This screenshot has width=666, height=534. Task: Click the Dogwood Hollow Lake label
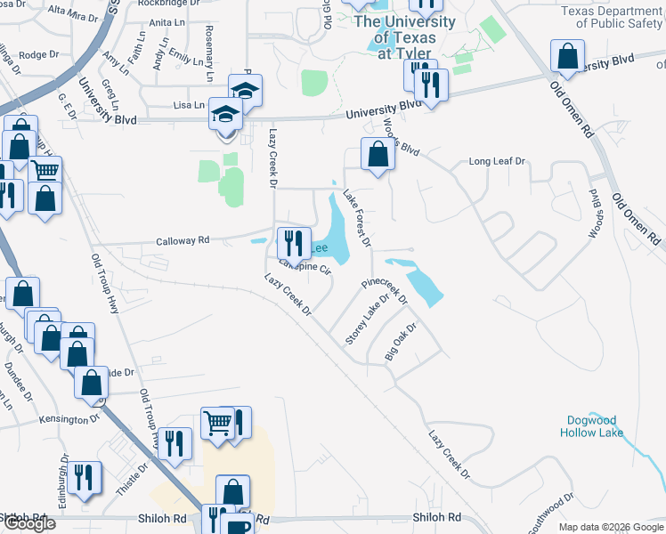[595, 425]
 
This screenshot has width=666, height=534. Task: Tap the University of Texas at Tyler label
[405, 36]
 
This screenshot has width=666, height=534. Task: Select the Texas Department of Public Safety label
[612, 17]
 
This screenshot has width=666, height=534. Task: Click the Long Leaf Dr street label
[498, 162]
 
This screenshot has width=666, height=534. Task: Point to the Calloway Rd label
[183, 239]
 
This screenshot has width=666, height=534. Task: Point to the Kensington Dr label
[70, 418]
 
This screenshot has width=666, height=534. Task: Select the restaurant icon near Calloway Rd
[292, 243]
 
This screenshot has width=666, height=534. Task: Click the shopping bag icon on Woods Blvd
[378, 154]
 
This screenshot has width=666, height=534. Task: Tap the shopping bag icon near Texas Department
[567, 57]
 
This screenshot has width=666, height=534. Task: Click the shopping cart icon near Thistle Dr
[218, 424]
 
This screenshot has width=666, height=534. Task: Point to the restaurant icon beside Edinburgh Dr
[84, 476]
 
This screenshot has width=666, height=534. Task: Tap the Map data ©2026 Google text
[610, 527]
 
